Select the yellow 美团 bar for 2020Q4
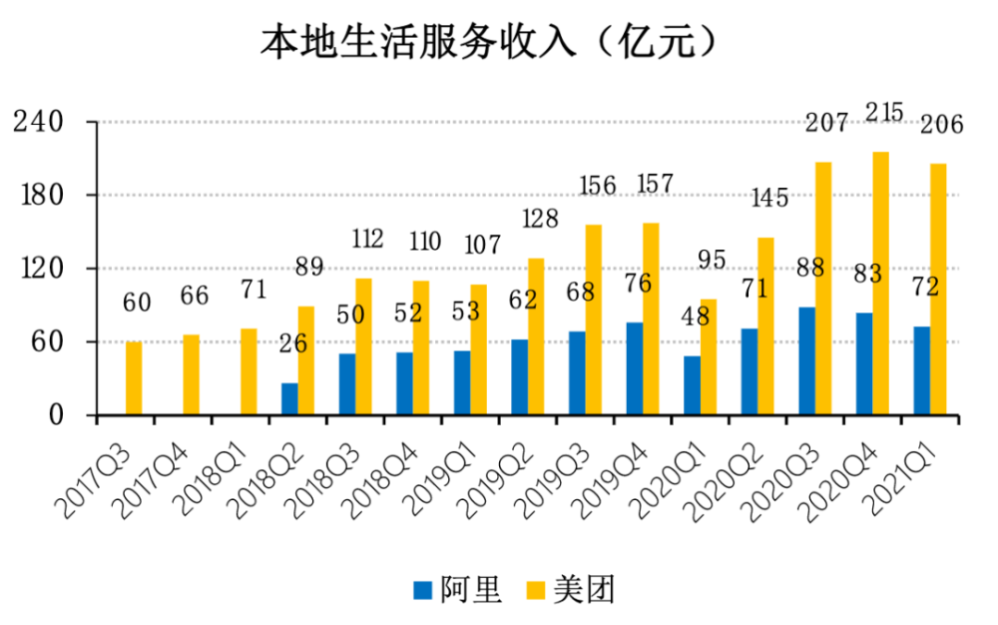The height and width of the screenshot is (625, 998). click(881, 284)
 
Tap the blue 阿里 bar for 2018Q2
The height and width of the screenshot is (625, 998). click(289, 399)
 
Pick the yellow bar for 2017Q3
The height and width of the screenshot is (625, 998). click(134, 378)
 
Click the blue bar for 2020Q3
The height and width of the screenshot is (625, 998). click(807, 360)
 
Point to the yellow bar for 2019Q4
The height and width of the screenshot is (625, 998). click(651, 318)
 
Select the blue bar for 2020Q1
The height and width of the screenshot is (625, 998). click(692, 385)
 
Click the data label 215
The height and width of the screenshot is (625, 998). click(884, 113)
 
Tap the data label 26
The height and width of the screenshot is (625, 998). click(293, 343)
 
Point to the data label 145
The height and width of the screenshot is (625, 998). click(769, 198)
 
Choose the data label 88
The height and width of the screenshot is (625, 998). click(810, 268)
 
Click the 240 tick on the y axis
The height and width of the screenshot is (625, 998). click(39, 121)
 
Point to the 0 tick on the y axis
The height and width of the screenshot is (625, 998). click(56, 415)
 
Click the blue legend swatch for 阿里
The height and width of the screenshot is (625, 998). click(422, 590)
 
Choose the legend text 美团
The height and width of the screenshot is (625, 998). click(584, 590)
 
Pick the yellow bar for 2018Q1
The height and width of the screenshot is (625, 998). click(249, 371)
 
